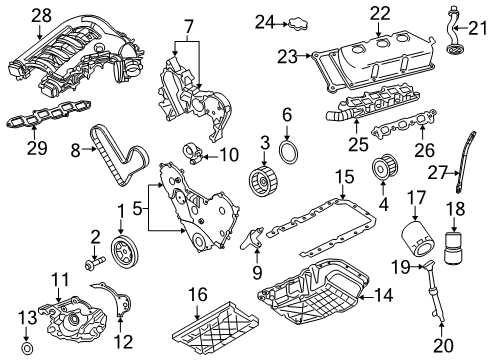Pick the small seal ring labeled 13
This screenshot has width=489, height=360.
27,349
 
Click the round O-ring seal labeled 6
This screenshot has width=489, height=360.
287,151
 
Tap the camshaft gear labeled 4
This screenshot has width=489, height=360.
380,170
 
